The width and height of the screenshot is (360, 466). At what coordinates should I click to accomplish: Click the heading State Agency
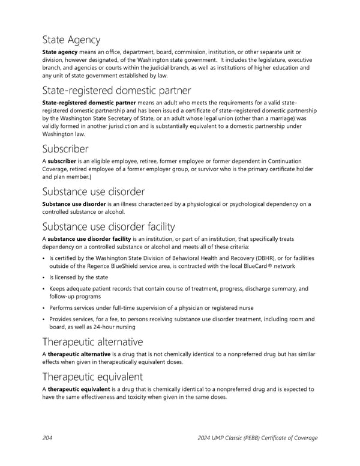point(71,40)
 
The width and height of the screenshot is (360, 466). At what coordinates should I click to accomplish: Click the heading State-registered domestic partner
point(116,91)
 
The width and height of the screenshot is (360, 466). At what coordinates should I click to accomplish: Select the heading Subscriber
point(65,148)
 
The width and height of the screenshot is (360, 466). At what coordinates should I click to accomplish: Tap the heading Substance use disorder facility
point(109,226)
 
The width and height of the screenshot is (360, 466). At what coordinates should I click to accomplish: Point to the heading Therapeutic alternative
point(92,342)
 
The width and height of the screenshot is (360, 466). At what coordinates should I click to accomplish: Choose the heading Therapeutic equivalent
point(92,377)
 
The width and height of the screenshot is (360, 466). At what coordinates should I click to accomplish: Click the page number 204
point(47,438)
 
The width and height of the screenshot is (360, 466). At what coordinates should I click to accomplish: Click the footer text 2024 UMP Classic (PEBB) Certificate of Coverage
point(257,438)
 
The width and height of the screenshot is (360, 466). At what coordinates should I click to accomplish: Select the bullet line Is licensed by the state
point(79,277)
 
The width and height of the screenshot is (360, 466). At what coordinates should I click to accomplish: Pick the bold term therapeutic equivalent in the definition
point(80,389)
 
